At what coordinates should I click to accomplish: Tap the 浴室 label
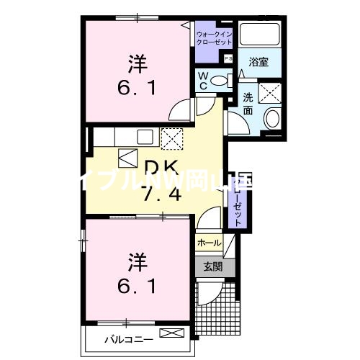coord(258,63)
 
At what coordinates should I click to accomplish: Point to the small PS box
coord(228,58)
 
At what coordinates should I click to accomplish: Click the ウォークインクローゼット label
coord(213,37)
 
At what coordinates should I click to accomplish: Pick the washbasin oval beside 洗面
coord(272,119)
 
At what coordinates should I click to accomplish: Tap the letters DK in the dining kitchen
coord(161,166)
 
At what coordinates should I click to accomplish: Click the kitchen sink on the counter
coord(145,135)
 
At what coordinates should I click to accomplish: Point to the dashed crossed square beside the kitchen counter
coord(172,136)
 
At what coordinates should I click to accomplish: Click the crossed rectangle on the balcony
coord(173,333)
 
